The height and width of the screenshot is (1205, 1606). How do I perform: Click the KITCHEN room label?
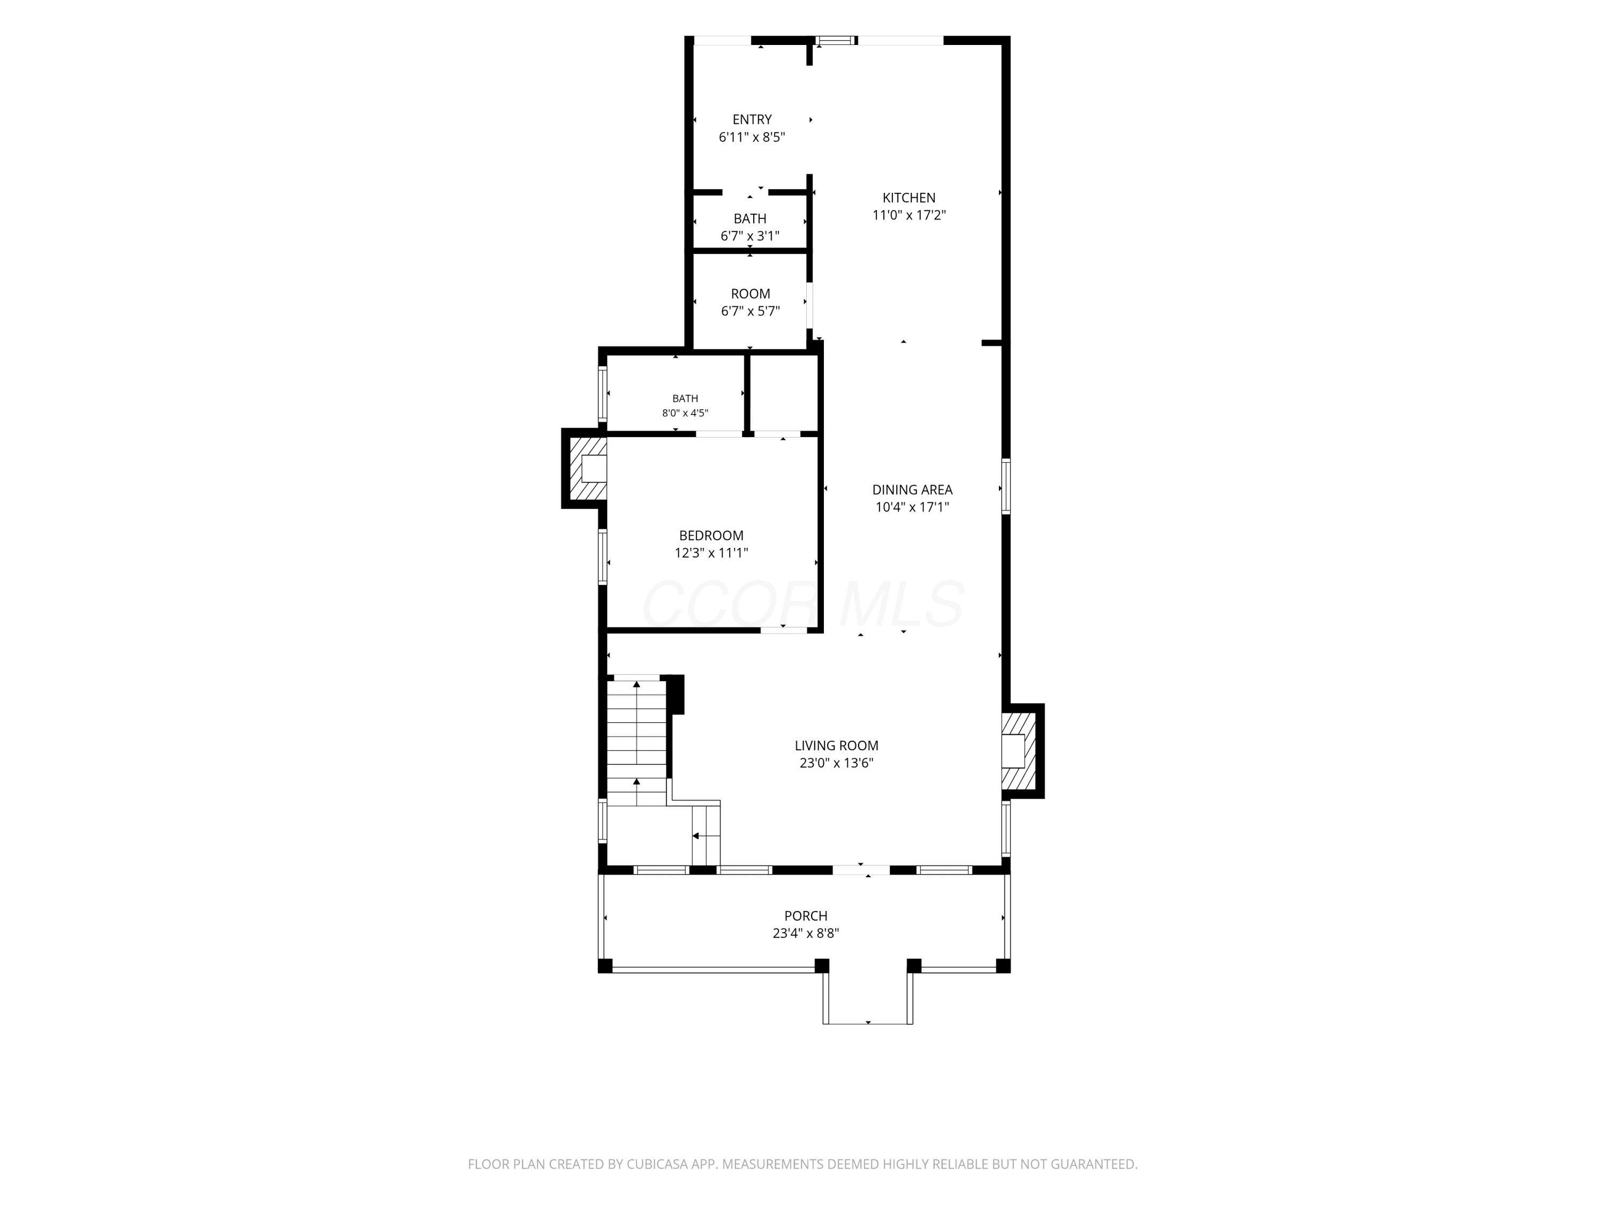pyautogui.click(x=909, y=198)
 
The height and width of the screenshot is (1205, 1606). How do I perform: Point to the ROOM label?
pyautogui.click(x=751, y=294)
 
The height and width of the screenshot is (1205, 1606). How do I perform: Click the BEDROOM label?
pyautogui.click(x=711, y=536)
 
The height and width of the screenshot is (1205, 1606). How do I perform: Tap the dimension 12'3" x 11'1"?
pyautogui.click(x=711, y=553)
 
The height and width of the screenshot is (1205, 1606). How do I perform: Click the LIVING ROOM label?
pyautogui.click(x=836, y=746)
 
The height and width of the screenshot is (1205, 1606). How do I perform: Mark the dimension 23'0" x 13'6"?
pyautogui.click(x=836, y=763)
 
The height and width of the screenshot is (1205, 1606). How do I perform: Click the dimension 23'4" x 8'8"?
pyautogui.click(x=806, y=934)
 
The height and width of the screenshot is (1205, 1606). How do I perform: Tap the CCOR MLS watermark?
pyautogui.click(x=803, y=604)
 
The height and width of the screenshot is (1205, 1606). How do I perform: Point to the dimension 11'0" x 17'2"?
pyautogui.click(x=909, y=215)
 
